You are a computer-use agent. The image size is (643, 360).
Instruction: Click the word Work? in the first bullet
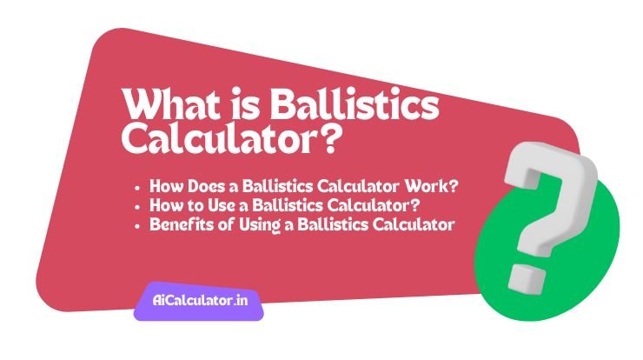(442, 186)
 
